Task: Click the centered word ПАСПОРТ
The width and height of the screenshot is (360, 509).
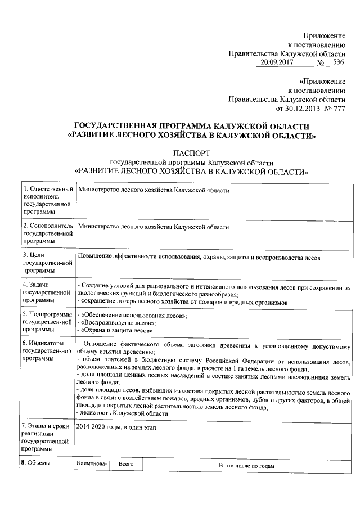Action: [191, 152]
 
